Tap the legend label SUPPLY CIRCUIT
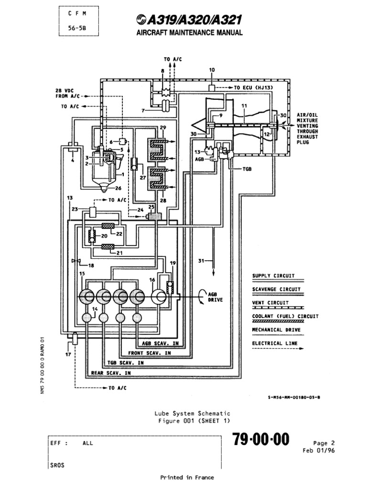tap(273, 276)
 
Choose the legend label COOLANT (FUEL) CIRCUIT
tap(285, 316)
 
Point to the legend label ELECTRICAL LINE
tap(275, 343)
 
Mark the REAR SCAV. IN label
tap(111, 372)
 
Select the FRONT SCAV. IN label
tap(150, 353)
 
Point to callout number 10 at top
tap(212, 70)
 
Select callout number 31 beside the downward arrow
tap(201, 261)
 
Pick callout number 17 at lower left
tap(68, 354)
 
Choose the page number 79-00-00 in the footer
tap(261, 439)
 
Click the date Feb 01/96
tap(317, 450)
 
